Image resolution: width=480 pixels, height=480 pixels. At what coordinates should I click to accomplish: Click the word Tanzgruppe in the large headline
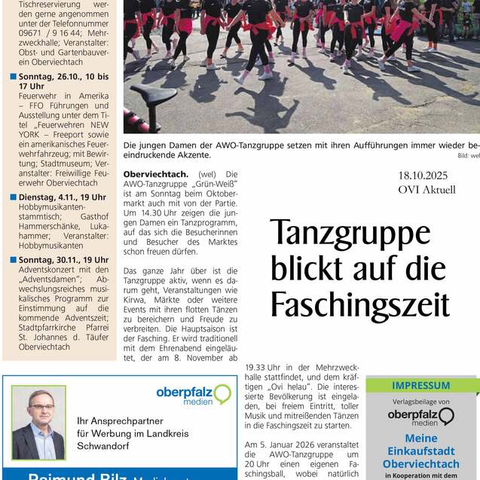(350, 234)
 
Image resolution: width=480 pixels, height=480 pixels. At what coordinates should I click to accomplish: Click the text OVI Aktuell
(426, 190)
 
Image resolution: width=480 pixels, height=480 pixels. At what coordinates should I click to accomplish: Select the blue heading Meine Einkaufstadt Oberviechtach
(421, 451)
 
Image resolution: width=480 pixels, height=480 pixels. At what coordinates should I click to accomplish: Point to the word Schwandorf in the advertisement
(106, 445)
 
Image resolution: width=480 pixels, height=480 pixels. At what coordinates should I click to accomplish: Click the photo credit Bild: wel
(468, 155)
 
